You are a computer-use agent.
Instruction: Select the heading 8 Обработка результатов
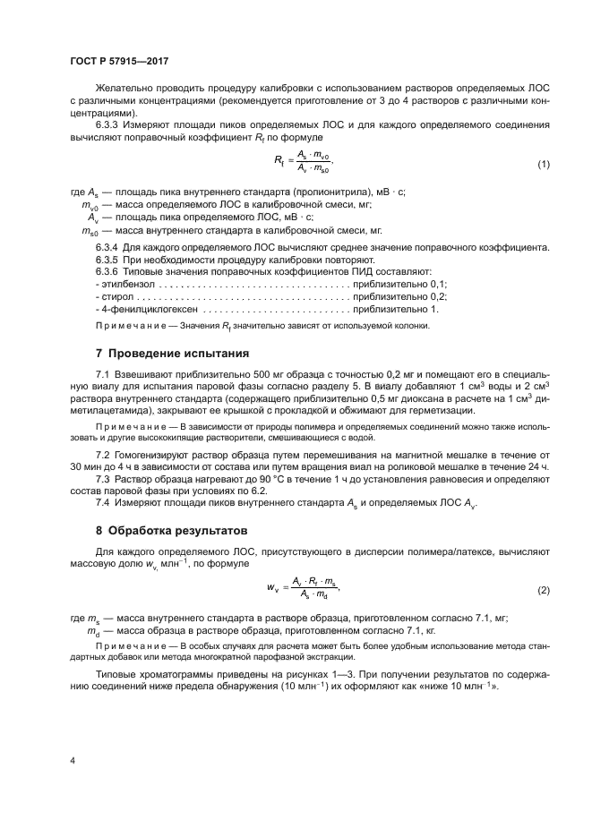click(171, 529)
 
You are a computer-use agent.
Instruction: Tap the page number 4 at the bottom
click(73, 761)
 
